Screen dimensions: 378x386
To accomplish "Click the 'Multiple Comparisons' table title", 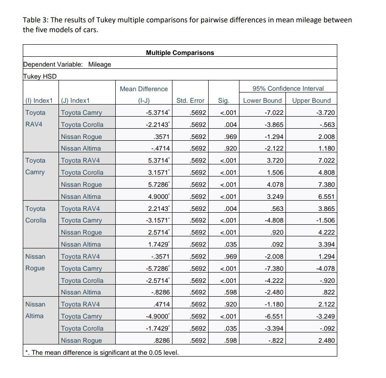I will tap(180, 53).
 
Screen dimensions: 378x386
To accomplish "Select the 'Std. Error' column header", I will tap(190, 101).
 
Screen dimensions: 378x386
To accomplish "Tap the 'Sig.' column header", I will tap(223, 101).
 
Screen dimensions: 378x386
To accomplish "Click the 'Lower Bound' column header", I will tap(262, 101).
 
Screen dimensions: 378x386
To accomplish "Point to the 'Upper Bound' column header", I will tap(311, 101).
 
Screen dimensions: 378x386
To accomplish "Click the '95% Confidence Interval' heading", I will tap(287, 88).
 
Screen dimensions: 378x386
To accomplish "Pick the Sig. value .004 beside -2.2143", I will tap(231, 125).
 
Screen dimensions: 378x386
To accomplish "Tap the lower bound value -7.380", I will tap(274, 269).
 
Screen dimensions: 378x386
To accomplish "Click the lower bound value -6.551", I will tap(274, 316).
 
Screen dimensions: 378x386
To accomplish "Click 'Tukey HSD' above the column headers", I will tap(40, 76).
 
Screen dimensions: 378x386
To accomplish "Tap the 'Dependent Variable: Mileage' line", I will tap(67, 64).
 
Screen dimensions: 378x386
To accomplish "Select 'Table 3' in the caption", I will tap(36, 20).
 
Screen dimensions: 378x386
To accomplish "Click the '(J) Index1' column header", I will tap(75, 101).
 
